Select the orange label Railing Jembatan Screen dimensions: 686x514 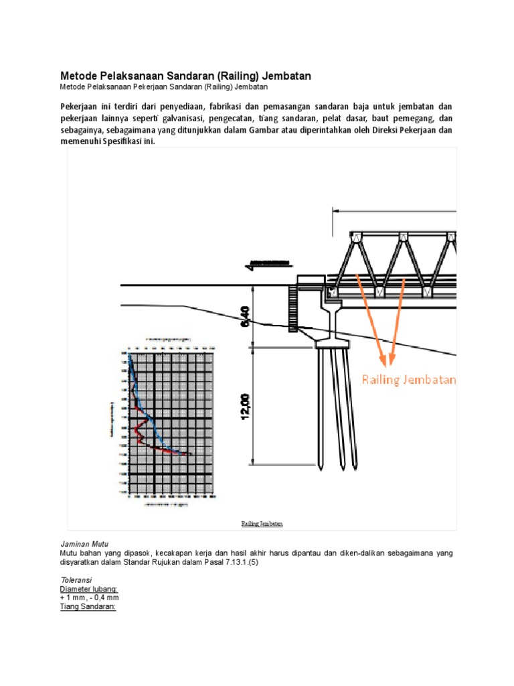pos(409,380)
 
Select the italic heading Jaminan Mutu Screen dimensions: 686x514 pos(84,543)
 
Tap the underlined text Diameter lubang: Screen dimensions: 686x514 pos(88,589)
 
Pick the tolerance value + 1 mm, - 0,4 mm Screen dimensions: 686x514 pos(90,598)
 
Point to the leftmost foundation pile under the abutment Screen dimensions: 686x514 pos(321,406)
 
